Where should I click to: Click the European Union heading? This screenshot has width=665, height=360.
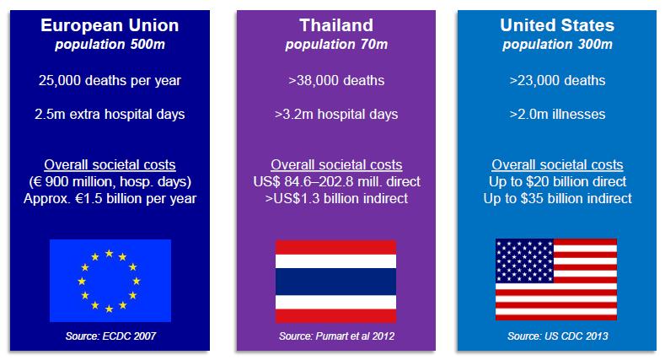[110, 25]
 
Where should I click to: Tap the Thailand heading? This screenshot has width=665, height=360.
[336, 25]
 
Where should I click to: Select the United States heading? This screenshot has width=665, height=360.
[557, 25]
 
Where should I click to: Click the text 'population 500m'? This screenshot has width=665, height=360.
[110, 45]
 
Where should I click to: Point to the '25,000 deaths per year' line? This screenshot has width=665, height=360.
[110, 81]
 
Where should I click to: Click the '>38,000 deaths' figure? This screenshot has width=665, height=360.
[336, 81]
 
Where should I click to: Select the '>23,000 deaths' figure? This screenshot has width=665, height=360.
[557, 81]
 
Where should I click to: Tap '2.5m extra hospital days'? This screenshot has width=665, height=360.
[110, 115]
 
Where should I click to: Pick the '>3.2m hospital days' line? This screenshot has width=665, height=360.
[336, 115]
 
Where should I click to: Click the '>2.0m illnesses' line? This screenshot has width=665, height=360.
[557, 114]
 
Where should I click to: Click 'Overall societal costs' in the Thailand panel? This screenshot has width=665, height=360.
[336, 164]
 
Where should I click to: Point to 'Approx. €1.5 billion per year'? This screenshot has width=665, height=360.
[110, 199]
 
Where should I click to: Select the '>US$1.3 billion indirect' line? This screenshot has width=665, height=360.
[336, 198]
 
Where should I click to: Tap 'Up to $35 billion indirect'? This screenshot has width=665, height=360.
[557, 198]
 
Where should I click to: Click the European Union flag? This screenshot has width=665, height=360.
[110, 281]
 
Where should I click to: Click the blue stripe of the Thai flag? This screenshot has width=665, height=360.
[336, 282]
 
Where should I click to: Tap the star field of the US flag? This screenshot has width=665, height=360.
[524, 261]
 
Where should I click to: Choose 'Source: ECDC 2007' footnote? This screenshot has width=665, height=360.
[110, 336]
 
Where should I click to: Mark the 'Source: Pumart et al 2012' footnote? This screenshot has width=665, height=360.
[337, 336]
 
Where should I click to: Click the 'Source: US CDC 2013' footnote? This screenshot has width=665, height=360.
[558, 336]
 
